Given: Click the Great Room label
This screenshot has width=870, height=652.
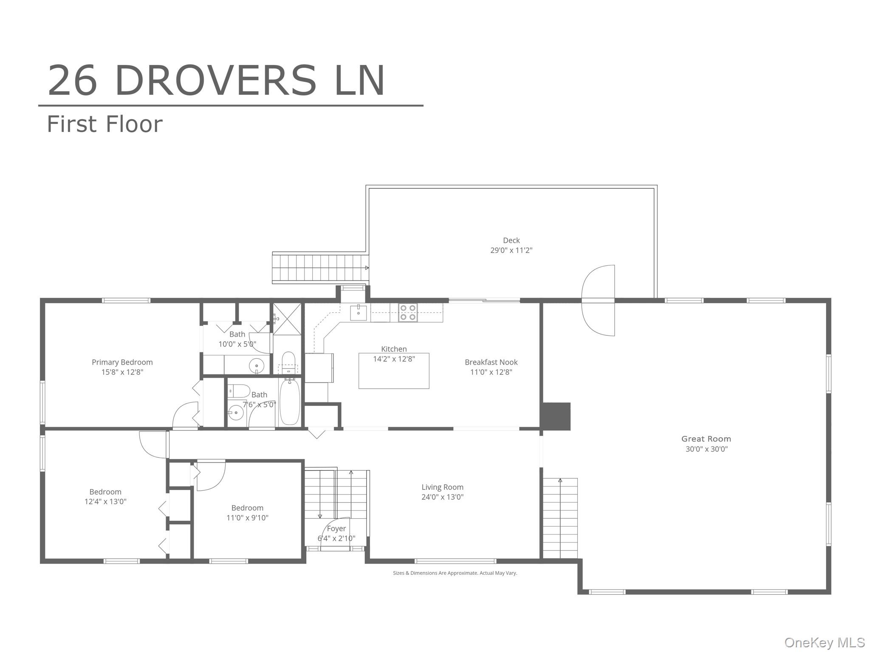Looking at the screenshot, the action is [706, 439].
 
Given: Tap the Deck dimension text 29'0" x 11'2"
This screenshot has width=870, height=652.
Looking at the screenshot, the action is [511, 250].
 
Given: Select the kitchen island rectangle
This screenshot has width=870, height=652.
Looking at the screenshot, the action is [394, 371].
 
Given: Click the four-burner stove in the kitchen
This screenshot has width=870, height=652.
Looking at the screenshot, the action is [408, 312].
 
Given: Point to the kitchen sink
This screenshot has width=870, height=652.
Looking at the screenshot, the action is [358, 312].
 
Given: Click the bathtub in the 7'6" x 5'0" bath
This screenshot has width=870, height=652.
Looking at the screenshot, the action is [290, 402].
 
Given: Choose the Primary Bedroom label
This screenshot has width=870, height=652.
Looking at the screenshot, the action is [122, 362].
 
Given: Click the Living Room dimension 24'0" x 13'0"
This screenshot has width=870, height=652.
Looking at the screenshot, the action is [442, 497].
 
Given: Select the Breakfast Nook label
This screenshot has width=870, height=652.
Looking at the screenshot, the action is [491, 362].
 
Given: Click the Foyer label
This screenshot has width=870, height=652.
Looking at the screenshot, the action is [336, 528].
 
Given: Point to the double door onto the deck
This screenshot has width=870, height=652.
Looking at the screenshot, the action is [598, 301].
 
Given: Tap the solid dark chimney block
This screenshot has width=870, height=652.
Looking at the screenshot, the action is [555, 416].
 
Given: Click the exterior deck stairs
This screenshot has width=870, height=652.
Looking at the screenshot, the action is [320, 268].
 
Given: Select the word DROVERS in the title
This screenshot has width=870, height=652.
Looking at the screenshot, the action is [216, 81].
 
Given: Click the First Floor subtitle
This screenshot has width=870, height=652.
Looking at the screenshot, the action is [105, 124].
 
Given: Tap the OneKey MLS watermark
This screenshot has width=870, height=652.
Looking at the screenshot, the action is [825, 642].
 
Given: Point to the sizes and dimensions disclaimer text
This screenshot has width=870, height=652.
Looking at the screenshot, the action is [455, 573].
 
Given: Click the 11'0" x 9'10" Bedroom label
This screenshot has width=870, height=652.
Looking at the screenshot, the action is [247, 513].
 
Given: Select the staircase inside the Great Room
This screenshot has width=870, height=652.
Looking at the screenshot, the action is [560, 518].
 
